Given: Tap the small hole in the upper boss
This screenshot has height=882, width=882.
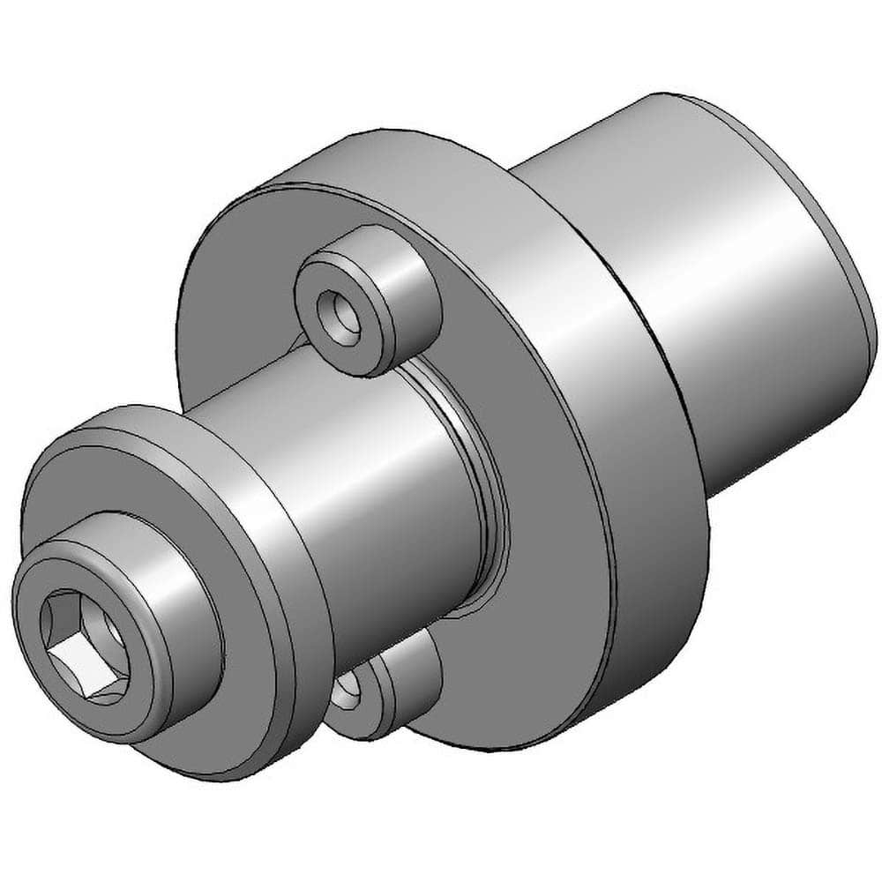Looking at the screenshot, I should point(340,322).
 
